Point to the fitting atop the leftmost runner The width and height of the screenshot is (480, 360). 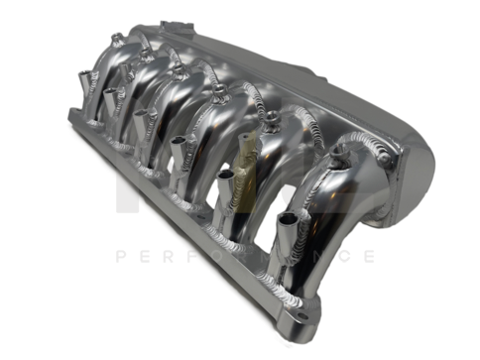116,39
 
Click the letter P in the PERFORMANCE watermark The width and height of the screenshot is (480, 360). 122,256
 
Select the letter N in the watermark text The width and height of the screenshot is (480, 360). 318,256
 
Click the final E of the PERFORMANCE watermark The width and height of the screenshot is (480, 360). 369,256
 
